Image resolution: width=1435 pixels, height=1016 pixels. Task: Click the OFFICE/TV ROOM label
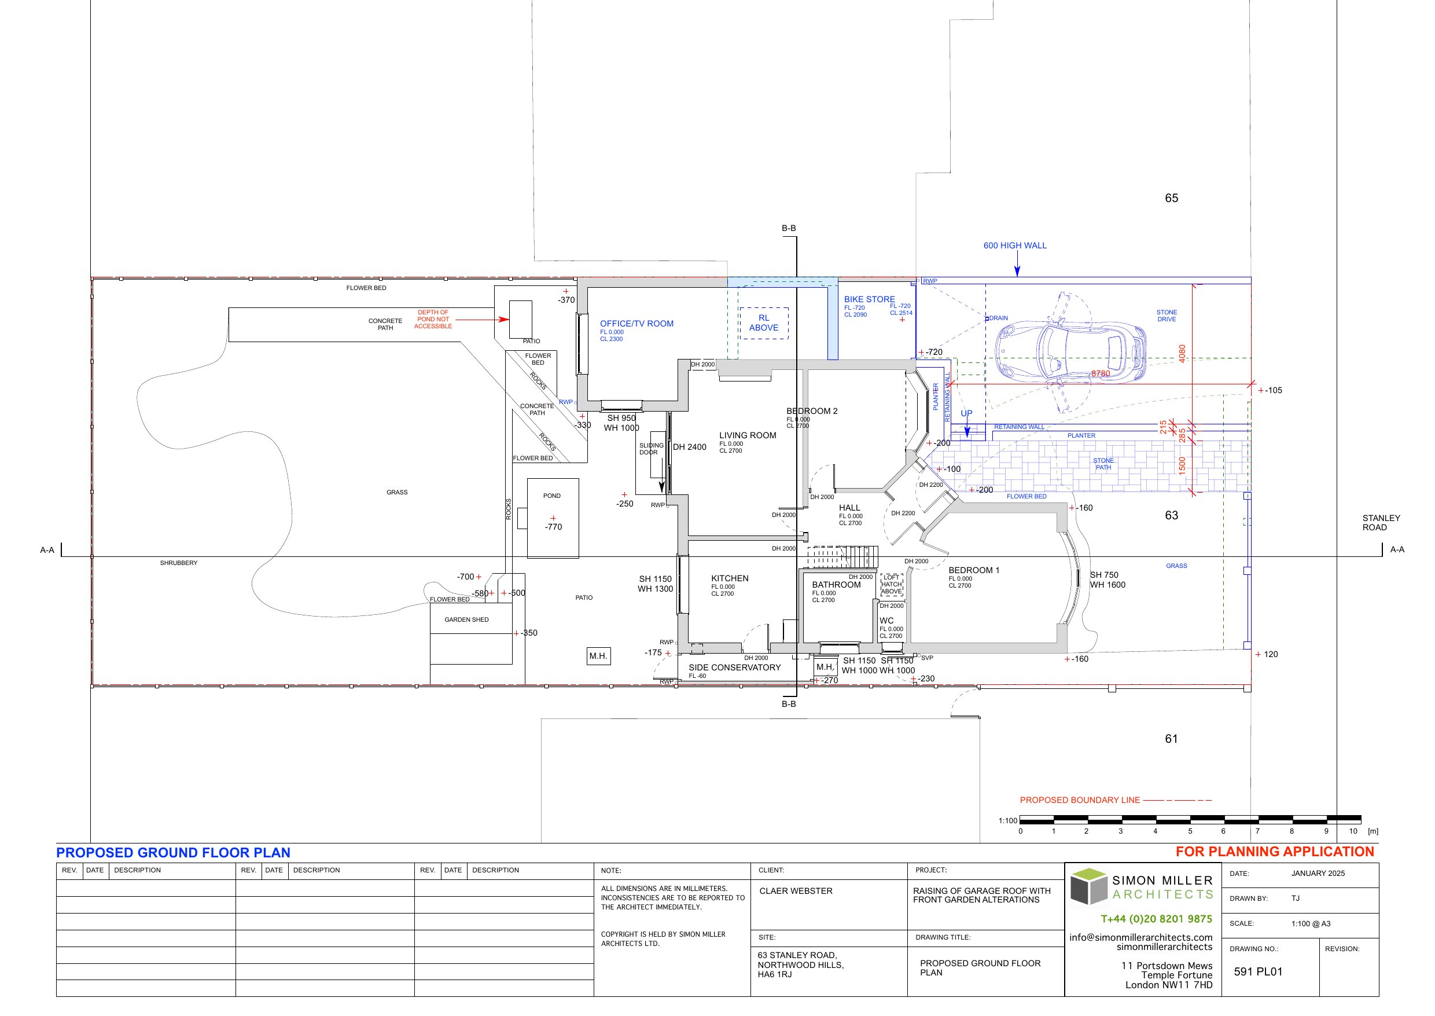tap(636, 324)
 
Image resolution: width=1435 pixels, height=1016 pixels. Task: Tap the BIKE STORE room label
tap(869, 299)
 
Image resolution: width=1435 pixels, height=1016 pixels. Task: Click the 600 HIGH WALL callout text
tap(1014, 245)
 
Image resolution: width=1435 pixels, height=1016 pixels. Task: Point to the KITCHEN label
tap(729, 578)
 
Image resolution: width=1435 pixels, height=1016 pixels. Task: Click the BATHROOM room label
tap(836, 584)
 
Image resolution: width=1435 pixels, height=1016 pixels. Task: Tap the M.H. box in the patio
tap(598, 656)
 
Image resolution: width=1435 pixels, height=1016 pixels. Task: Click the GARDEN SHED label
tap(466, 619)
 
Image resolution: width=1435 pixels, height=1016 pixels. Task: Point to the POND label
tap(551, 496)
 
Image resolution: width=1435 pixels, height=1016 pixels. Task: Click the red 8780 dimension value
tap(1101, 373)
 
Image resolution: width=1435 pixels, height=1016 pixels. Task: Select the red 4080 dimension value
tap(1182, 354)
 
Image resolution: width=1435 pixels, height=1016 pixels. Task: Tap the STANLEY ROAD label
tap(1381, 522)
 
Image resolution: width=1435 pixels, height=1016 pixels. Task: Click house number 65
tap(1171, 197)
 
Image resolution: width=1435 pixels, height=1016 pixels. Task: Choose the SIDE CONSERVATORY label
tap(734, 667)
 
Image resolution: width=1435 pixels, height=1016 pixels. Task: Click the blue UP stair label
tap(966, 413)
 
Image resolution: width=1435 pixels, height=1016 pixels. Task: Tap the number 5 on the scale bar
tap(1189, 831)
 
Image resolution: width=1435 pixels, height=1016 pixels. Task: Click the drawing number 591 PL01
tap(1257, 971)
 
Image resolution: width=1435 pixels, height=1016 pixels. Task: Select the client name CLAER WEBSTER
tap(796, 891)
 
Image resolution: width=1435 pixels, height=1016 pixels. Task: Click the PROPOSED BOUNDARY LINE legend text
tap(1079, 799)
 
